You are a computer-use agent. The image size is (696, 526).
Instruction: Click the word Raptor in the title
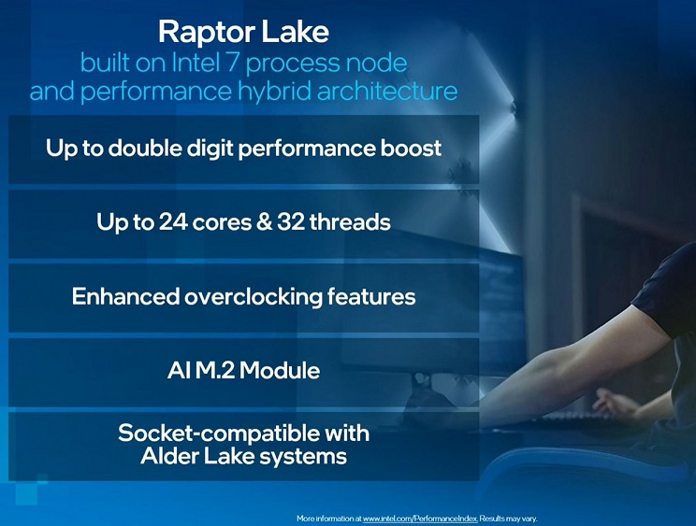point(206,33)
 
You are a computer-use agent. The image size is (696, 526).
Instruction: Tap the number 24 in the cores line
point(172,221)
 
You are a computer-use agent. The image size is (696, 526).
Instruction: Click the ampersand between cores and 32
point(264,221)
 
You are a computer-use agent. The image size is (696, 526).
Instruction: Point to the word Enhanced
point(125,296)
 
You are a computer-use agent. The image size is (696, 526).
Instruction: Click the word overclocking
point(253,297)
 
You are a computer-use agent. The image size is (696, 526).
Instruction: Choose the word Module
point(280,370)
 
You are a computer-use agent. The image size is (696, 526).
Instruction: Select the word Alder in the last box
point(168,456)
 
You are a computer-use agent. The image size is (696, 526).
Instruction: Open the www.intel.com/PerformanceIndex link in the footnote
point(420,519)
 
